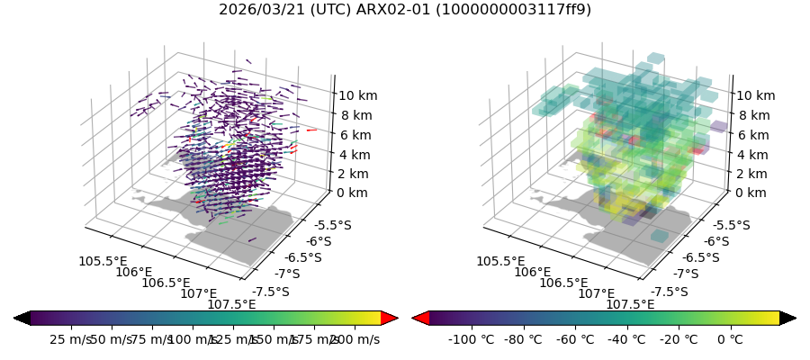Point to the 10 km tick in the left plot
pos(356,95)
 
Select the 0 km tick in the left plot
pos(353,193)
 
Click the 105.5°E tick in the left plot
pos(103,261)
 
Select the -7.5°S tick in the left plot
pos(271,292)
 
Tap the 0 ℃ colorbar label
pos(730,339)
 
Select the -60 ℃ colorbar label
pos(575,339)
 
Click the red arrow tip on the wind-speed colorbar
pos(390,318)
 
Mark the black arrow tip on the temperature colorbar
pos(788,318)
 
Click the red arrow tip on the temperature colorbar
pos(419,318)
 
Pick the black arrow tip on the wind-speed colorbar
pos(22,318)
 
